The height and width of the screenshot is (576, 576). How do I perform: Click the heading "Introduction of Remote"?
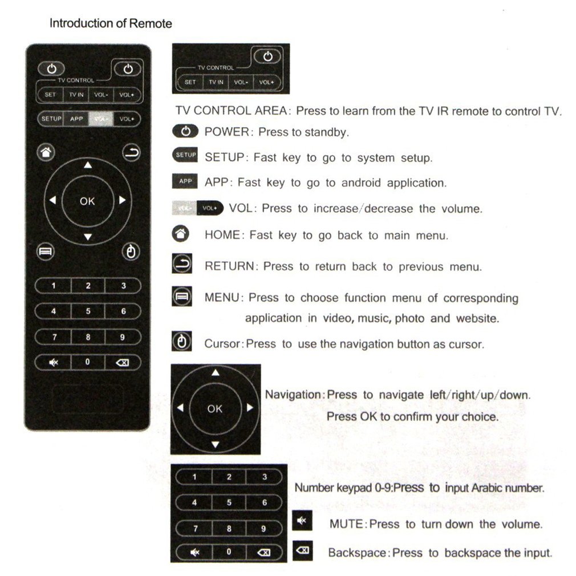[111, 24]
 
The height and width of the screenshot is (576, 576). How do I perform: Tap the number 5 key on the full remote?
[88, 311]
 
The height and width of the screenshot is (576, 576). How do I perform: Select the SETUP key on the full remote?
[51, 119]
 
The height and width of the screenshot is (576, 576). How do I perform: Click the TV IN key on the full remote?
[76, 95]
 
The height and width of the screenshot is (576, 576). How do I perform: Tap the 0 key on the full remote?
[87, 362]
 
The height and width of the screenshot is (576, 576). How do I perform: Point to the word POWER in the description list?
[227, 132]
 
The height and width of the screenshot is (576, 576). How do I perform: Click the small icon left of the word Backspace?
[302, 550]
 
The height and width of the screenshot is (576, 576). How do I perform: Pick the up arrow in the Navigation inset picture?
[216, 373]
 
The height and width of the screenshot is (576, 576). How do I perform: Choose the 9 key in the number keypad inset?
[263, 529]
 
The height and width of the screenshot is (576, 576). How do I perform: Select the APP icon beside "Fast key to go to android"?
[185, 182]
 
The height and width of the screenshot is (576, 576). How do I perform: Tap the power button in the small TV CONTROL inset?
[270, 56]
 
